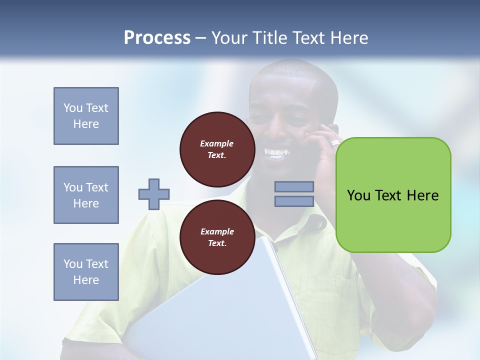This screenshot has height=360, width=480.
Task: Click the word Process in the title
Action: point(157,38)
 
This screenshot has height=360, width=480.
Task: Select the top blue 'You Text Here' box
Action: point(86,116)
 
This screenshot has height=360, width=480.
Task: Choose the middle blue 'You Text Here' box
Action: point(86,195)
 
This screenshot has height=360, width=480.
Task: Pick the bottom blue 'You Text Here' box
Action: point(86,272)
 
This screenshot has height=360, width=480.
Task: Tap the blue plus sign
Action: point(154,194)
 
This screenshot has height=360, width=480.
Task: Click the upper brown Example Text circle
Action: point(217,149)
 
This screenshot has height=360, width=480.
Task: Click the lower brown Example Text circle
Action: point(217,237)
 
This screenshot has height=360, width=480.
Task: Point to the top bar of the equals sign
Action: point(294,186)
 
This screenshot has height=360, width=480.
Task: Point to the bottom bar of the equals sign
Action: point(294,201)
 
